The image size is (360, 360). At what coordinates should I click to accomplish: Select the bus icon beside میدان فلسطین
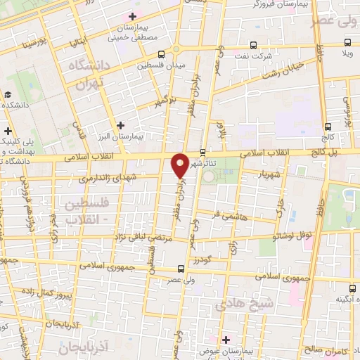tap(162, 54)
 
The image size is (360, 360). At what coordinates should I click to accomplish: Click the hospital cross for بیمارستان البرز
tap(121, 125)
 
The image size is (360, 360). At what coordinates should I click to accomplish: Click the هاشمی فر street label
tap(224, 218)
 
